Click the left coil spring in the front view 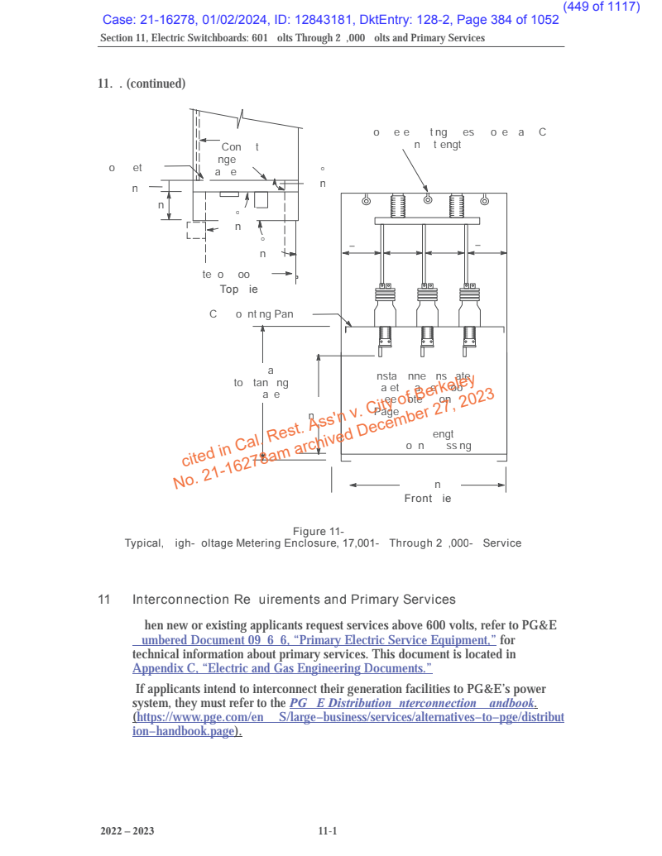coord(396,205)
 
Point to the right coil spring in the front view coord(456,205)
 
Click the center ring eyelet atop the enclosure coord(427,199)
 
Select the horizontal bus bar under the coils coord(426,221)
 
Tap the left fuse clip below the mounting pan coord(385,337)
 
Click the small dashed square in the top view coord(195,230)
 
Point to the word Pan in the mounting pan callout coord(284,314)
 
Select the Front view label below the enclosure coord(427,499)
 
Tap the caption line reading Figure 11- coord(319,531)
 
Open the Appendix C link coord(282,668)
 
